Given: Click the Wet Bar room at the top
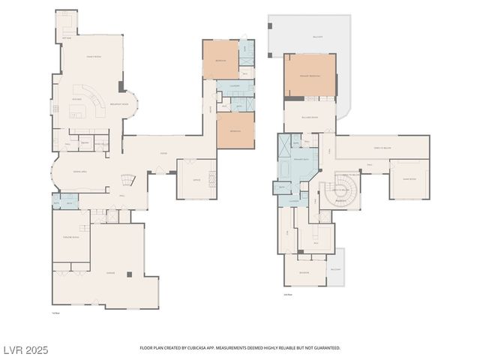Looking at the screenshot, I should (65, 27).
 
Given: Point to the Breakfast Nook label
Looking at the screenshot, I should (119, 104).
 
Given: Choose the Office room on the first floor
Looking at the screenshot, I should (196, 179).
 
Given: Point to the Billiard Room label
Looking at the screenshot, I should (309, 117).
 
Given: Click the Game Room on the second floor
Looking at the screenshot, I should (409, 179).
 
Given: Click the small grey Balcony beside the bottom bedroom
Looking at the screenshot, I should (336, 267).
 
